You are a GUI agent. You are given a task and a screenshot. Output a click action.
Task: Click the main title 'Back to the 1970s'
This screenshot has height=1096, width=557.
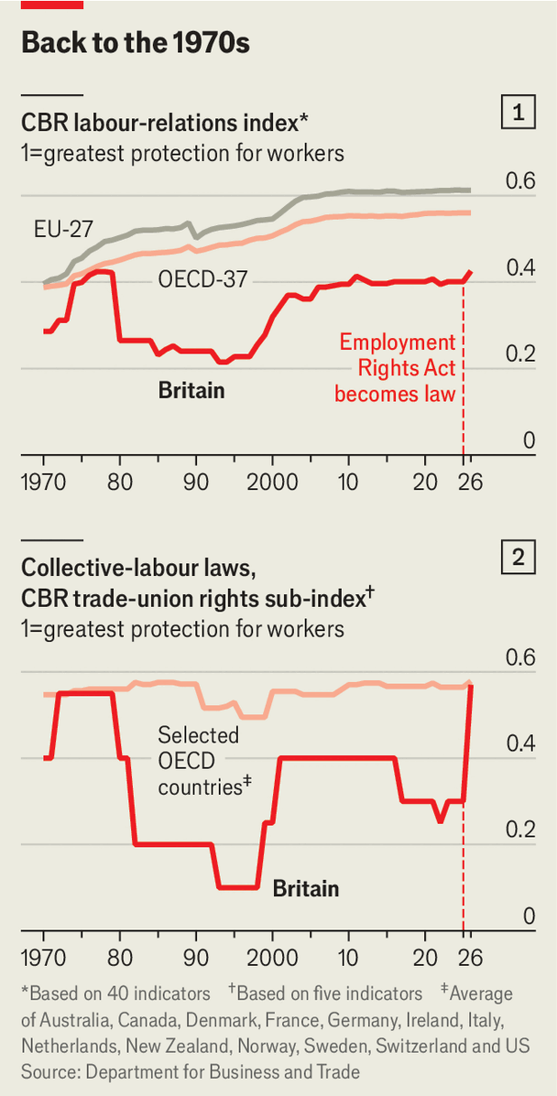point(135,43)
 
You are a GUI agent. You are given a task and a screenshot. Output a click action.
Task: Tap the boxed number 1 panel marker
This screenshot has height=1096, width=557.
point(519,114)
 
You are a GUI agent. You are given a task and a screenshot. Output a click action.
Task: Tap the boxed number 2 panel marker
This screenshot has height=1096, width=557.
point(519,558)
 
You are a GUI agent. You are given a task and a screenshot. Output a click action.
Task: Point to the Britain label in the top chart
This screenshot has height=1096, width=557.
point(191,391)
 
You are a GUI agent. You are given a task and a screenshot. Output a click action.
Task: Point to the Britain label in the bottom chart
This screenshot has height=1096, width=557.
point(306,888)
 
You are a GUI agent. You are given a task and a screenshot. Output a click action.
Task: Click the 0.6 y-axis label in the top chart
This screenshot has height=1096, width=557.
point(520,181)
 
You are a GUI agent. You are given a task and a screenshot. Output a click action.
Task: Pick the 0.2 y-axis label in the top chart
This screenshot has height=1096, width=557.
point(520,354)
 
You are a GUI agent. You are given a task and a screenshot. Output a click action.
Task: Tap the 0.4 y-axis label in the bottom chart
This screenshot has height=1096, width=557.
point(520,743)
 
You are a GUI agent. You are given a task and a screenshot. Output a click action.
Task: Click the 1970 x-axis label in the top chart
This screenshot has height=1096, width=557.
point(45,482)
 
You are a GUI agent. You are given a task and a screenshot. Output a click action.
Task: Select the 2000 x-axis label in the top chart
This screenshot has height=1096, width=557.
point(272,482)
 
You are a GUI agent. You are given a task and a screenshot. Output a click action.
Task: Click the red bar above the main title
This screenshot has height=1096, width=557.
point(51,5)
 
